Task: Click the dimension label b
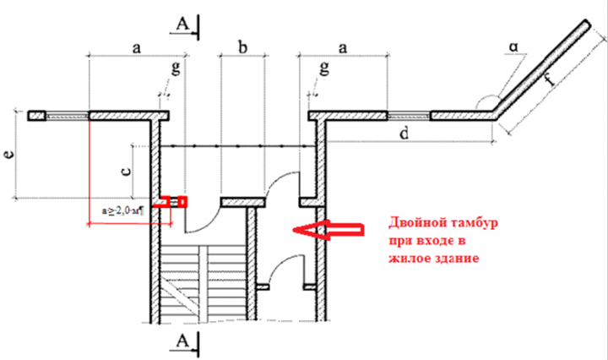click(242, 49)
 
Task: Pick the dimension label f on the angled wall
click(550, 82)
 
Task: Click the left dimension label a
click(135, 49)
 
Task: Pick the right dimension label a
click(343, 49)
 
